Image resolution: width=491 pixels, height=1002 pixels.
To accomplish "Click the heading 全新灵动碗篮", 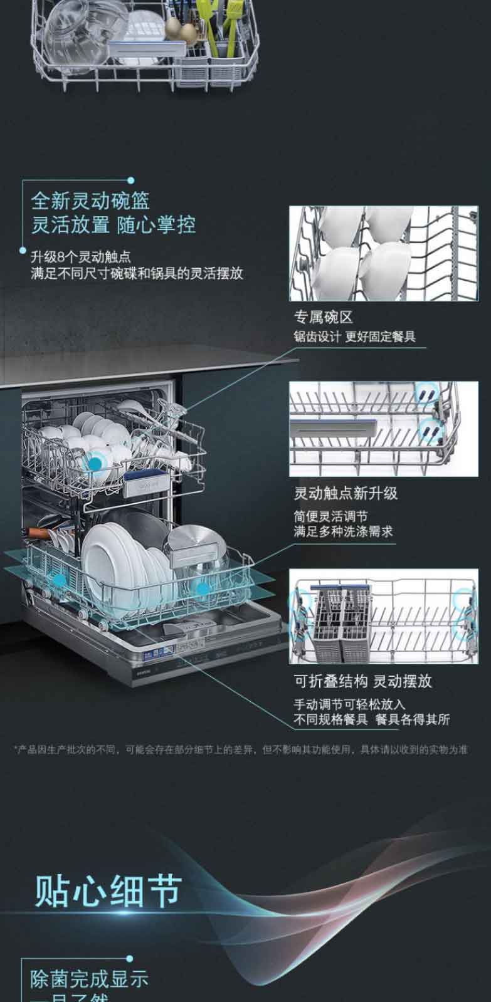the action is tap(91, 201).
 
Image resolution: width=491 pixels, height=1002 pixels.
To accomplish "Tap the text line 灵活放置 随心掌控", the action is tap(114, 224).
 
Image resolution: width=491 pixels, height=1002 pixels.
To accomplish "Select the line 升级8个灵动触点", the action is tap(81, 257).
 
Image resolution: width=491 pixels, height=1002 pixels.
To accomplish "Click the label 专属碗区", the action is tap(324, 317).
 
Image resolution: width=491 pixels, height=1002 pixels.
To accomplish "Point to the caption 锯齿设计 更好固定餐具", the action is tap(354, 337).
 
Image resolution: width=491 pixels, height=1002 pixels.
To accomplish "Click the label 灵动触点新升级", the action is tap(346, 493).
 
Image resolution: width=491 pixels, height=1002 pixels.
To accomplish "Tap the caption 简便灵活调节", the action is tap(331, 516).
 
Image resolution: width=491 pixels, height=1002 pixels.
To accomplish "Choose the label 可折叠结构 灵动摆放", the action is tap(363, 681).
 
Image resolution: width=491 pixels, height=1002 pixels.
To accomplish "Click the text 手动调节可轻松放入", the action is tap(349, 704).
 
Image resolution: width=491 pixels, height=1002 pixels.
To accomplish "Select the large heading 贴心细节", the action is tap(108, 890).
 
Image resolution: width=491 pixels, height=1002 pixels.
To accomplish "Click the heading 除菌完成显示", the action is tap(90, 978).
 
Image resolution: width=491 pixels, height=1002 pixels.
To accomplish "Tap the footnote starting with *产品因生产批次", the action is tap(240, 749).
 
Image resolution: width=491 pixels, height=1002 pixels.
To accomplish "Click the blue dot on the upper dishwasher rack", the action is tap(95, 464).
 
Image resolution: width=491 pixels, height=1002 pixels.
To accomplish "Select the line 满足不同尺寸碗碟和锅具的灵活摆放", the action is tap(137, 273).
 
